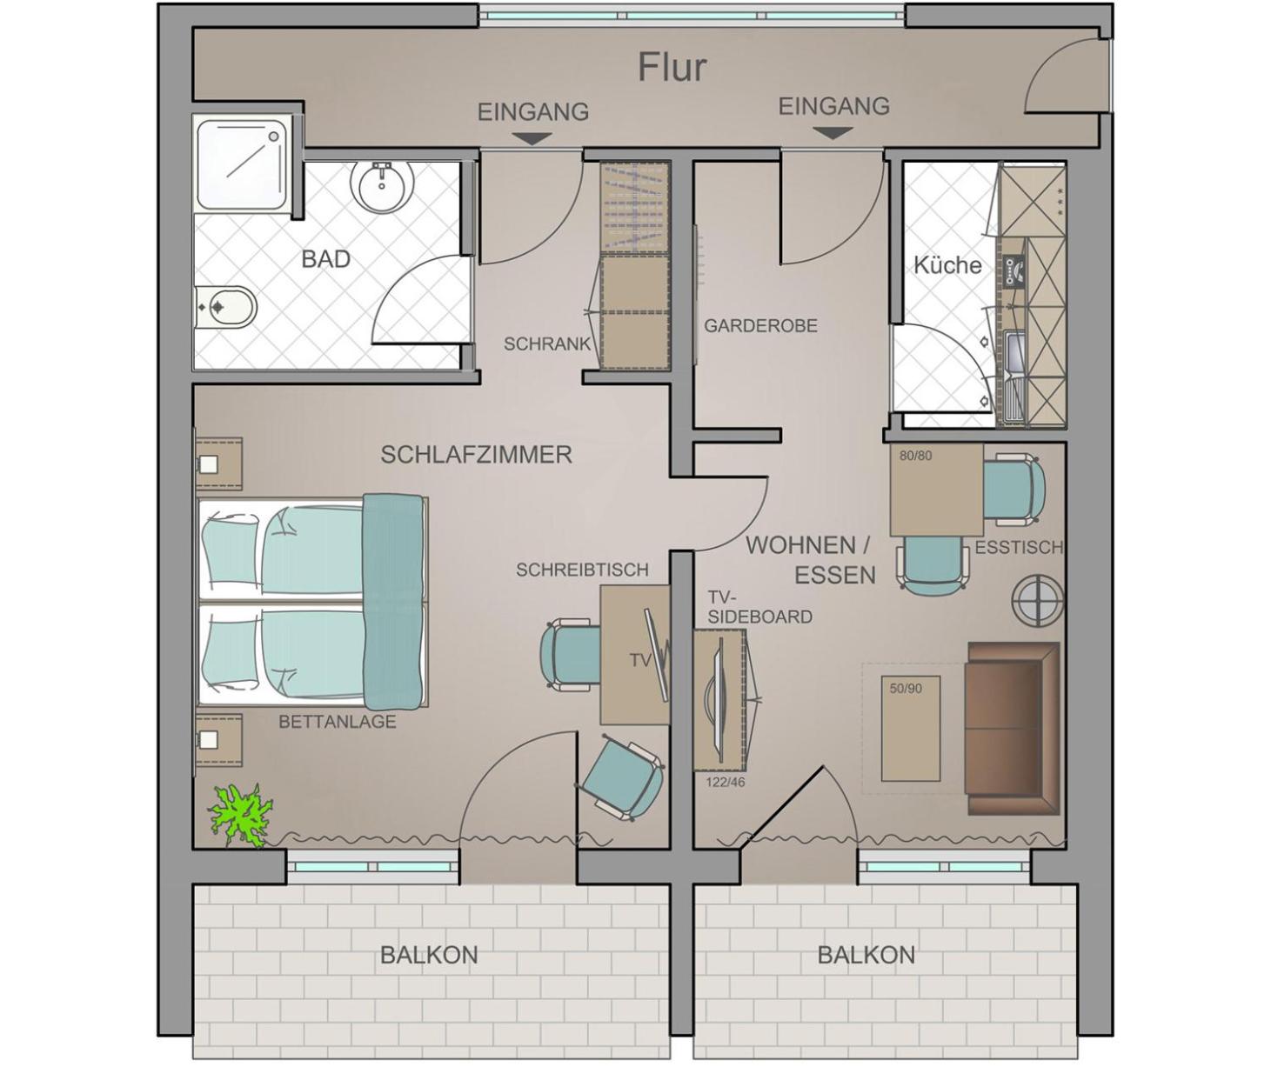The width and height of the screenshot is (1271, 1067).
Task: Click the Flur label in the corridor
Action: [x=672, y=68]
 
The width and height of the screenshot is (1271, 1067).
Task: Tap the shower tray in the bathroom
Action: [x=242, y=164]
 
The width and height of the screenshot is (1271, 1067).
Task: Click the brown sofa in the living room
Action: [x=1013, y=728]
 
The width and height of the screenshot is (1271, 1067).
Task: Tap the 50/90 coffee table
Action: [x=911, y=728]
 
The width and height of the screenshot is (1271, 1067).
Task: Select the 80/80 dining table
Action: [x=937, y=490]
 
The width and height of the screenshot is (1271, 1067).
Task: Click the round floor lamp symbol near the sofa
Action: [x=1037, y=602]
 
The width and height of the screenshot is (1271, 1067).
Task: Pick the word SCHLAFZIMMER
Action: [x=476, y=455]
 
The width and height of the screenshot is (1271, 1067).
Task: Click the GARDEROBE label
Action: [x=760, y=325]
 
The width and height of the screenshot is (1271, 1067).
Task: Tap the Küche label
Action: [x=947, y=265]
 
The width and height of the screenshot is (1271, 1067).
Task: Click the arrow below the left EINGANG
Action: [x=532, y=139]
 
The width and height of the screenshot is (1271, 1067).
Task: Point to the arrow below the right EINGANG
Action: [x=833, y=133]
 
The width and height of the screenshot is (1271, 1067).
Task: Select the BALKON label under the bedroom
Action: [x=429, y=955]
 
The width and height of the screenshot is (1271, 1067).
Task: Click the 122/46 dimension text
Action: [x=725, y=782]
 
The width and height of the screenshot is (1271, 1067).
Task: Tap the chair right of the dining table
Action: [x=1014, y=489]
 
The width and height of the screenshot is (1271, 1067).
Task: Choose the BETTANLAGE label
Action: [x=338, y=722]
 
